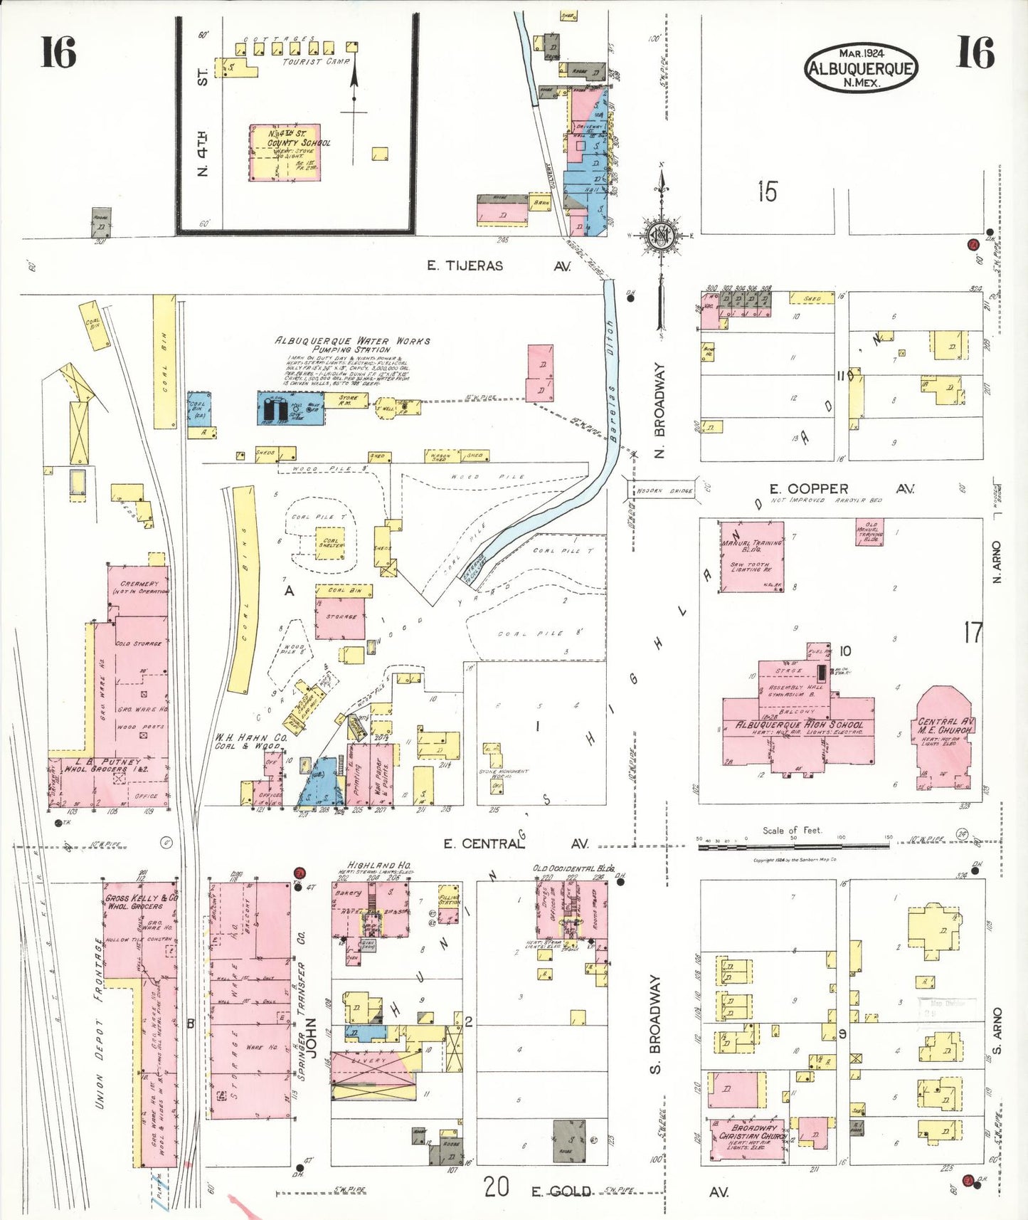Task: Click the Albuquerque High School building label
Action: [x=800, y=725]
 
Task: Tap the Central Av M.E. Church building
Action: [x=945, y=740]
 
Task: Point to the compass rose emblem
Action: [x=661, y=236]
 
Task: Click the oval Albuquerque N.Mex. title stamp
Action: [x=861, y=68]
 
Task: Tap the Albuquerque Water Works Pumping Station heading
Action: [x=352, y=345]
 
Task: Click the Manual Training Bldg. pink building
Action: [x=752, y=557]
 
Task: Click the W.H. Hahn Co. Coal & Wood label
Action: [x=250, y=742]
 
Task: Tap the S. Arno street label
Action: [x=997, y=1030]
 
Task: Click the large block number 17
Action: [x=973, y=632]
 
